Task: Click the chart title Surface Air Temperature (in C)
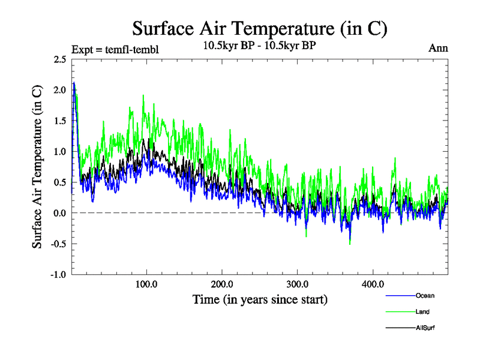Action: coord(260,28)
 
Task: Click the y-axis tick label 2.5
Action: coord(59,59)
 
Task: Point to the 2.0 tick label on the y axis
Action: coord(59,90)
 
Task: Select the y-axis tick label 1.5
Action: coord(59,121)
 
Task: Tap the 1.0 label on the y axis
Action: coord(59,152)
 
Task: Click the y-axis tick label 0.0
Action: coord(59,213)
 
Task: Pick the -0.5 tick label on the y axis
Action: coord(58,244)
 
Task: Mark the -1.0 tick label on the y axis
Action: coord(58,275)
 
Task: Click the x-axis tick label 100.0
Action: coord(147,284)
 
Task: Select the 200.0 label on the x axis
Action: coord(223,284)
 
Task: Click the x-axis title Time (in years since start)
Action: coord(260,298)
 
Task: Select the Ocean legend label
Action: coord(425,295)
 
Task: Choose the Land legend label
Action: coord(422,311)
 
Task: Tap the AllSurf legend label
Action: coord(425,328)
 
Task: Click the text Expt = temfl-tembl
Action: coord(115,49)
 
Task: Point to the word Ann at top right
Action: coord(438,48)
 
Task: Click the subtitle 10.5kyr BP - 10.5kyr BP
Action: coord(260,45)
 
